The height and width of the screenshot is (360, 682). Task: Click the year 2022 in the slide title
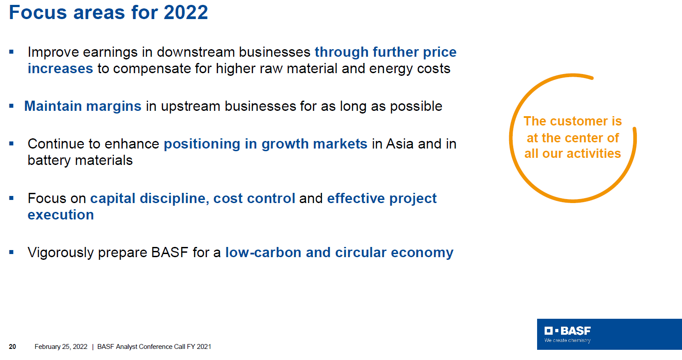point(186,12)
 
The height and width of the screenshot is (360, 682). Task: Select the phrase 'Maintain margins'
point(83,106)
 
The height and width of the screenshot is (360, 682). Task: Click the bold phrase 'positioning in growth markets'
point(265,144)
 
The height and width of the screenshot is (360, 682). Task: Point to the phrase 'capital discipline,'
point(150,199)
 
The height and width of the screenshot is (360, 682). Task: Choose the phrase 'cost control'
point(254,199)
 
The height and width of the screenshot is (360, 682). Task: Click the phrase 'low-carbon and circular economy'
point(339,253)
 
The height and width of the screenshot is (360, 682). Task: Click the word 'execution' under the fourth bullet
point(61,215)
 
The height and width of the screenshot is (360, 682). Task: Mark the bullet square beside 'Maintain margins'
point(12,106)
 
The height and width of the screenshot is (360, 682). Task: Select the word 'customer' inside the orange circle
point(577,121)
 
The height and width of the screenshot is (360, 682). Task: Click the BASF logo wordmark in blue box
point(568,331)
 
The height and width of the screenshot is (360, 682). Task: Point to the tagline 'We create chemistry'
point(568,340)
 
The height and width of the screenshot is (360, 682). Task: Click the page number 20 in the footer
point(12,347)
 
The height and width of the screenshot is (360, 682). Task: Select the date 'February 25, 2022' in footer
point(61,347)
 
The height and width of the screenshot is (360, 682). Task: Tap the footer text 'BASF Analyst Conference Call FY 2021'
point(154,347)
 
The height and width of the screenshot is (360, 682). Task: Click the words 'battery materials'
point(80,160)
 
